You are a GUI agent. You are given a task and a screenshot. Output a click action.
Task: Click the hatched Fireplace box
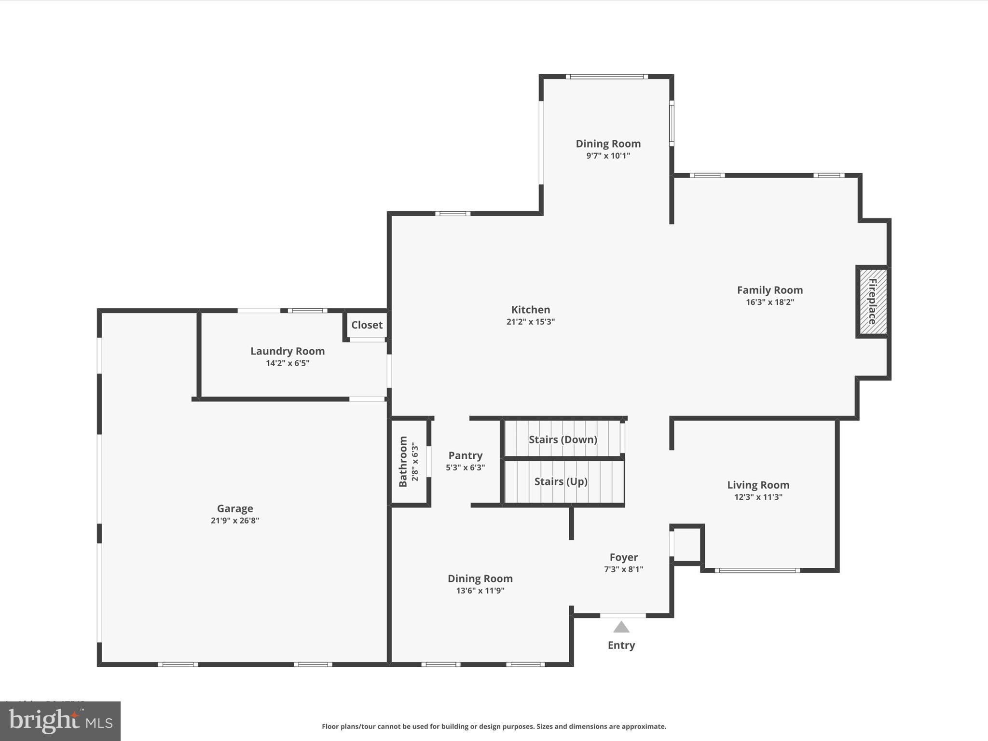(872, 302)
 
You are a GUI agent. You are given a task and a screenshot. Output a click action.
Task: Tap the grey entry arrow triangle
(621, 627)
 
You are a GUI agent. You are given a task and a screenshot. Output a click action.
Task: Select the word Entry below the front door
(621, 645)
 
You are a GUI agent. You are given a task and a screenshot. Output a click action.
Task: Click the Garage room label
(235, 508)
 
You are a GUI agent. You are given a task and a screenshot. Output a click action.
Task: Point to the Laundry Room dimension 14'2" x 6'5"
(288, 363)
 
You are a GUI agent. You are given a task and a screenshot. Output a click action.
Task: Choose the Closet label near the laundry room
(367, 325)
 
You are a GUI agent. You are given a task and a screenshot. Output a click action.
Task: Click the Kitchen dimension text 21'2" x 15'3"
(530, 322)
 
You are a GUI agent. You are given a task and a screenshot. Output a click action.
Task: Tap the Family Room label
(769, 290)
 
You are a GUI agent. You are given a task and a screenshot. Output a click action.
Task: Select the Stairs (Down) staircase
(563, 439)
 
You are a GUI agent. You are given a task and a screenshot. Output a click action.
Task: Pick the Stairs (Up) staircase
(561, 481)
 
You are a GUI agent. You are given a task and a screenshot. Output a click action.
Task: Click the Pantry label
(465, 455)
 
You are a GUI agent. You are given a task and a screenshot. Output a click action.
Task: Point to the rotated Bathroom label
(403, 461)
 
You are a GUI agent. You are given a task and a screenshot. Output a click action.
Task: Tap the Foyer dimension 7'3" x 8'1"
(623, 569)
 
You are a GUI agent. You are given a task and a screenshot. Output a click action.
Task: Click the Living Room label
(758, 485)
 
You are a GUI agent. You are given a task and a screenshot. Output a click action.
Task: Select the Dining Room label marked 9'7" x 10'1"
(608, 143)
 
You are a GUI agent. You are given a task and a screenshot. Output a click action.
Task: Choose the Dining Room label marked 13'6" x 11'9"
(480, 578)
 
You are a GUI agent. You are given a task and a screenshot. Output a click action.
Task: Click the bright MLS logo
(60, 721)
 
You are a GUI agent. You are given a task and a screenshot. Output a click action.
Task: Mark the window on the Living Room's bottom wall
(757, 570)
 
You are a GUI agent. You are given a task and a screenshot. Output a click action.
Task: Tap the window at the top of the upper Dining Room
(606, 76)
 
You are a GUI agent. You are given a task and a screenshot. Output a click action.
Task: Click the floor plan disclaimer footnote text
(494, 726)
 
